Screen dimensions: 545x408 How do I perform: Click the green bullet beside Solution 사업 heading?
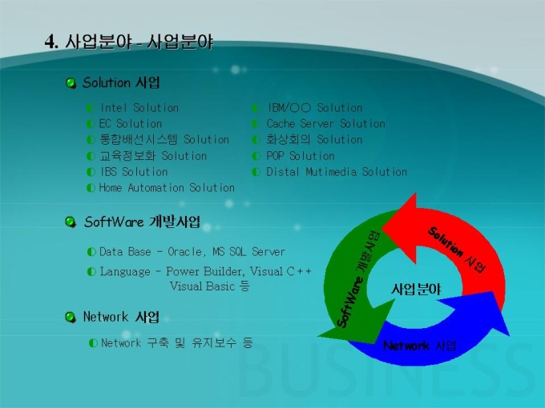point(71,83)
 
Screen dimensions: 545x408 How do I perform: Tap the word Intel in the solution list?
point(114,108)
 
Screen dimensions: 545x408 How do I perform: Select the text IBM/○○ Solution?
point(314,108)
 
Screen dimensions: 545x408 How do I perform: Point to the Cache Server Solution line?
point(325,124)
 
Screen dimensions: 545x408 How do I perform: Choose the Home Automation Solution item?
point(167,188)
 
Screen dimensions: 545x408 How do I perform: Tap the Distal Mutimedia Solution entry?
point(337,172)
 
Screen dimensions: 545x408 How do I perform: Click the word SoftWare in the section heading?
point(114,222)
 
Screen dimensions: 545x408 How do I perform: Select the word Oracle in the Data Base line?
point(184,252)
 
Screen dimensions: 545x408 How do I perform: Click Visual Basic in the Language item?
point(202,286)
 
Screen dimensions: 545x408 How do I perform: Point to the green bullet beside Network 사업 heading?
point(71,317)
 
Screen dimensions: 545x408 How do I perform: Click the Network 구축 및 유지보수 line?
point(176,343)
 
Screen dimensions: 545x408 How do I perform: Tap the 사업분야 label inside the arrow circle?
point(416,289)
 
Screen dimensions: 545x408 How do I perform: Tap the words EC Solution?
point(131,124)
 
